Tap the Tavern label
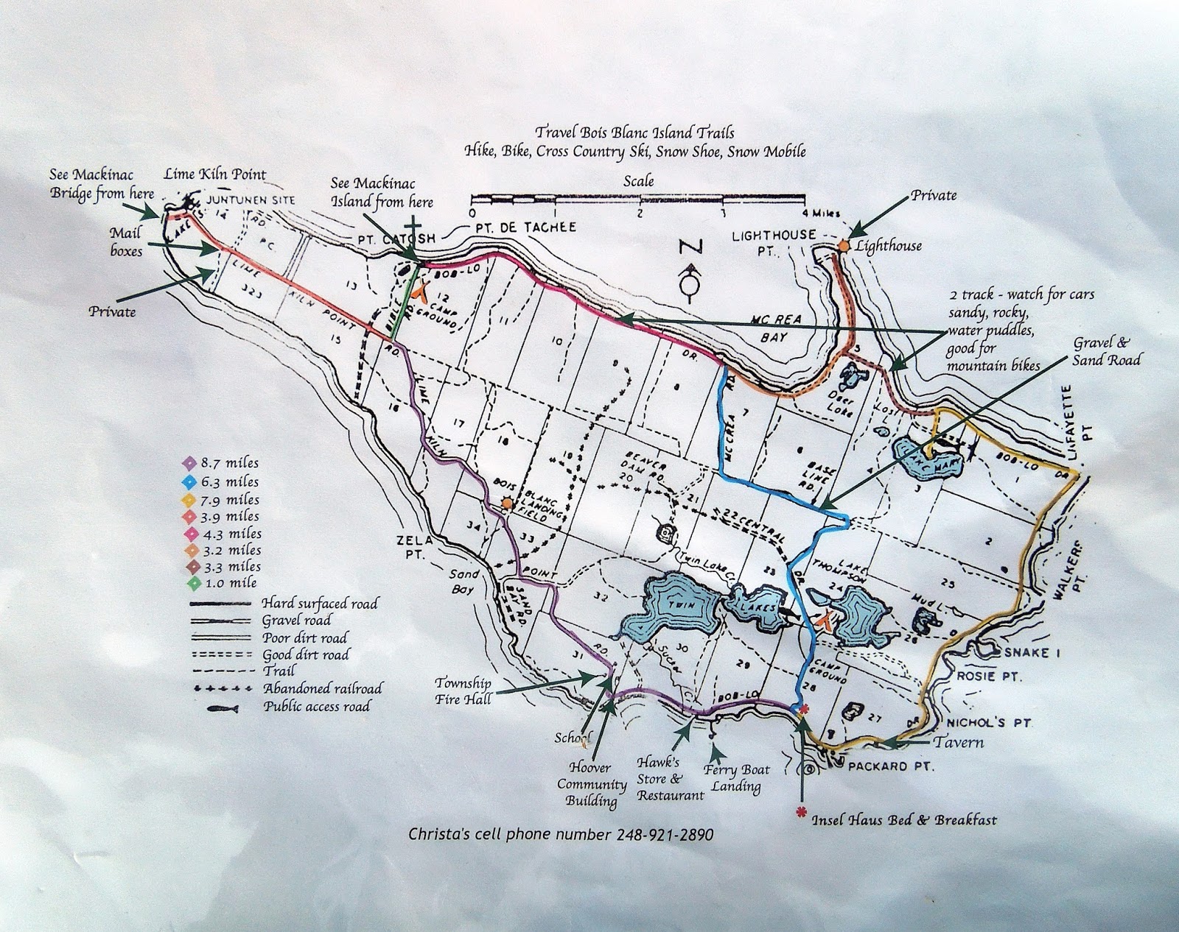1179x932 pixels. [959, 741]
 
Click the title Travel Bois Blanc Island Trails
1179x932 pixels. [634, 133]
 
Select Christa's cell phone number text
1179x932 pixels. [561, 835]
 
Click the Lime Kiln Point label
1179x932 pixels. [215, 174]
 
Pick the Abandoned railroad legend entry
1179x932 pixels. [322, 689]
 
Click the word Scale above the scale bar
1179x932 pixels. [638, 180]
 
